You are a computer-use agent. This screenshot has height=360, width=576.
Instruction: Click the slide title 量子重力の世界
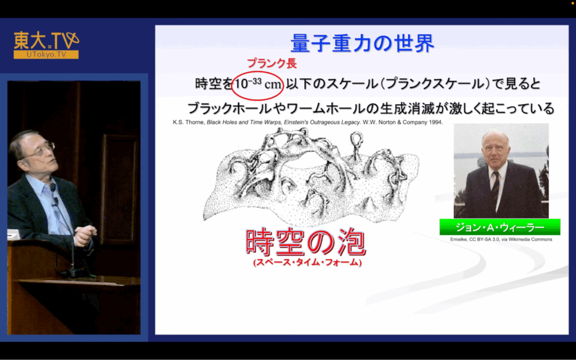[362, 43]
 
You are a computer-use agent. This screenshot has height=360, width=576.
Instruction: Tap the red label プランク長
[272, 63]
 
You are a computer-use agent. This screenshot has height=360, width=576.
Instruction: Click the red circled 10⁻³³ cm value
[258, 84]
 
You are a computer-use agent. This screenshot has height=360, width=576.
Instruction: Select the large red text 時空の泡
[305, 242]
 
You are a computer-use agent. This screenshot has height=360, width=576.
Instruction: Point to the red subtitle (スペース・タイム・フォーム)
[308, 262]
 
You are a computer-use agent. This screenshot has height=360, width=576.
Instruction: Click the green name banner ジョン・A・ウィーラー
[499, 227]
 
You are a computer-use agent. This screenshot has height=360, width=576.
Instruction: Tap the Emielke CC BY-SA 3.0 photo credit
[501, 239]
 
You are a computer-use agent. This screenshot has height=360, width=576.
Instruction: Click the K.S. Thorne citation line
[308, 122]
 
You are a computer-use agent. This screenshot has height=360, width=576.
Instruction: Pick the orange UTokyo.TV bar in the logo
[46, 55]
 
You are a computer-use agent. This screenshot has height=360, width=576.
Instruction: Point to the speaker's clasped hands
[85, 235]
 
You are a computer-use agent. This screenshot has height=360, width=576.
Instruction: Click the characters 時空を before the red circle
[214, 84]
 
